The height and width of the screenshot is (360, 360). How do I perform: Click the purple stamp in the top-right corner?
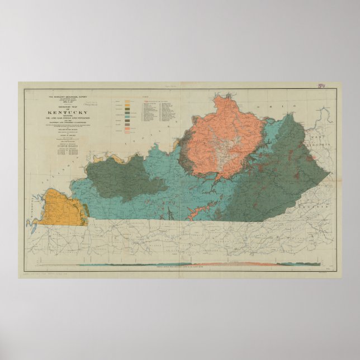click(x=321, y=87)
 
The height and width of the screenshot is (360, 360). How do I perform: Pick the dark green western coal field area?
click(x=120, y=176)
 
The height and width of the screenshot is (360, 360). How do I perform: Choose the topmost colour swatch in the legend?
click(x=128, y=102)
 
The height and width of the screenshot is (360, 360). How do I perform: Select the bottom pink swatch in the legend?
click(x=128, y=132)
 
